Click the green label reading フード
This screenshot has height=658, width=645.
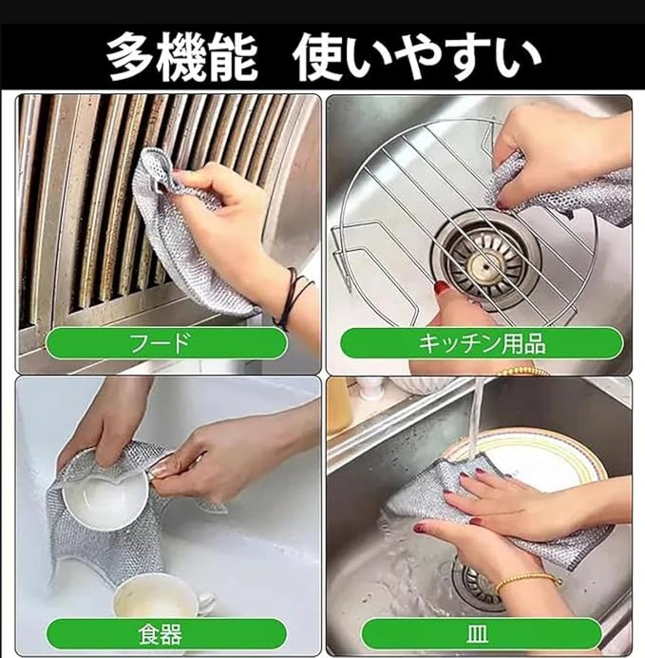166,343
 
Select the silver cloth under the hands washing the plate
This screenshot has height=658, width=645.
495,512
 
